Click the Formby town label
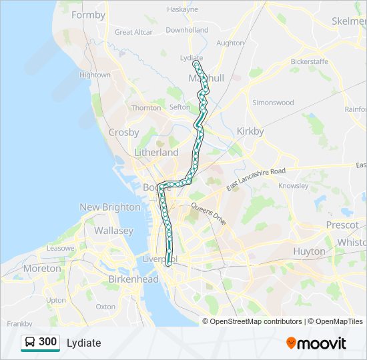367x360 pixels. [x=88, y=15]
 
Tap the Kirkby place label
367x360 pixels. [x=250, y=131]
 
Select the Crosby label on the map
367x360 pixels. [x=123, y=132]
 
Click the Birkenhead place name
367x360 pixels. [x=133, y=279]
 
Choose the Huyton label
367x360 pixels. [x=309, y=251]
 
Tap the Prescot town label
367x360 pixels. [x=342, y=225]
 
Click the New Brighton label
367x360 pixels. [x=110, y=207]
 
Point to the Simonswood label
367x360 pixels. [x=273, y=103]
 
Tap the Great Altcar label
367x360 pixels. [x=133, y=32]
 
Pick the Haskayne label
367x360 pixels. [x=182, y=9]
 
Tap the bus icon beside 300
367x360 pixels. [x=30, y=342]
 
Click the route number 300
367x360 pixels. [x=47, y=342]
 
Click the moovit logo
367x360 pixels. [x=316, y=343]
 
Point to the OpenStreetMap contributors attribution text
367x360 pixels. [x=256, y=321]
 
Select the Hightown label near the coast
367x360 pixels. [x=95, y=75]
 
